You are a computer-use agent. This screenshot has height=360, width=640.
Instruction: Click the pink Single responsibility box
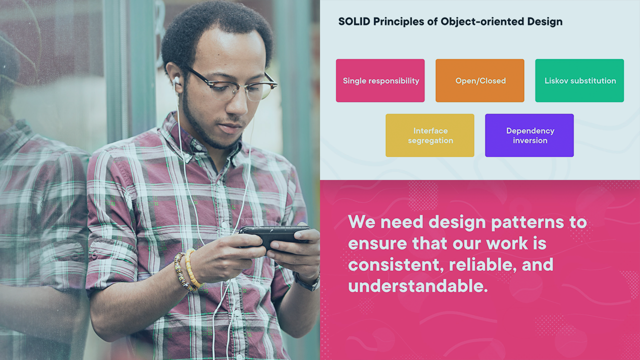coord(380,80)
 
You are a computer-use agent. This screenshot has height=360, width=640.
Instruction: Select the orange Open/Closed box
coord(479,80)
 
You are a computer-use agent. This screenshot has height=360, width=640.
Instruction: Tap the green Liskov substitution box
coord(579,80)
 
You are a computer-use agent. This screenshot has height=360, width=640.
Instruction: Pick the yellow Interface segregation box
coord(430,135)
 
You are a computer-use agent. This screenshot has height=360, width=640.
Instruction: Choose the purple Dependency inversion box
coord(529,135)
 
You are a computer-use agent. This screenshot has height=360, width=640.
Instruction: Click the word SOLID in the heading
coord(354,21)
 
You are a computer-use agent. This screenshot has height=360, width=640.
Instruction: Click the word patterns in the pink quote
coord(527,223)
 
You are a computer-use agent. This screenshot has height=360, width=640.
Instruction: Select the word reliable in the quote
coord(483,264)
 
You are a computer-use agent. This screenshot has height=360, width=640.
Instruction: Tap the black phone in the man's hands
coord(274,236)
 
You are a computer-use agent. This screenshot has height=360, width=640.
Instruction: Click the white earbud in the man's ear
coord(176,80)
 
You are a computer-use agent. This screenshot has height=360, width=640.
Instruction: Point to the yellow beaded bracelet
coord(192,268)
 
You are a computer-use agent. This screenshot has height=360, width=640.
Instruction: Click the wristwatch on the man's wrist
coord(307,281)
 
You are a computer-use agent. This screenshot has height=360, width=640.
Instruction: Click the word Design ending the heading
coord(545,22)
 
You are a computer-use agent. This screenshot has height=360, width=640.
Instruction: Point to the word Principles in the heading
coord(398,22)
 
